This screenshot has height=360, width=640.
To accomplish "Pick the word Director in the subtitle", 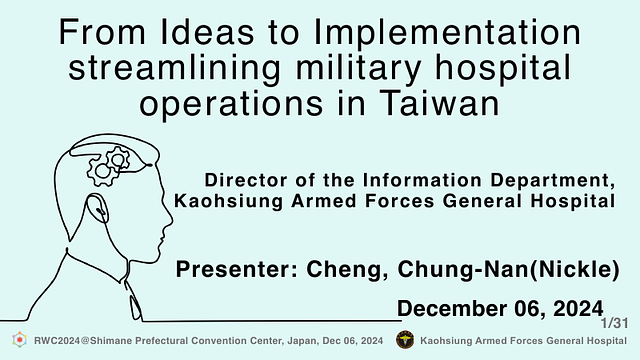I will [x=243, y=181].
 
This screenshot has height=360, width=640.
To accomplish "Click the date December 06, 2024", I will [x=500, y=306].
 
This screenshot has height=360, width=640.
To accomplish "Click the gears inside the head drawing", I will [x=109, y=164].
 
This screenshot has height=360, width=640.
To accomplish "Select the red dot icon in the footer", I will [x=18, y=341].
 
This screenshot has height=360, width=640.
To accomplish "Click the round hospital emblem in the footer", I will [x=405, y=341].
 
